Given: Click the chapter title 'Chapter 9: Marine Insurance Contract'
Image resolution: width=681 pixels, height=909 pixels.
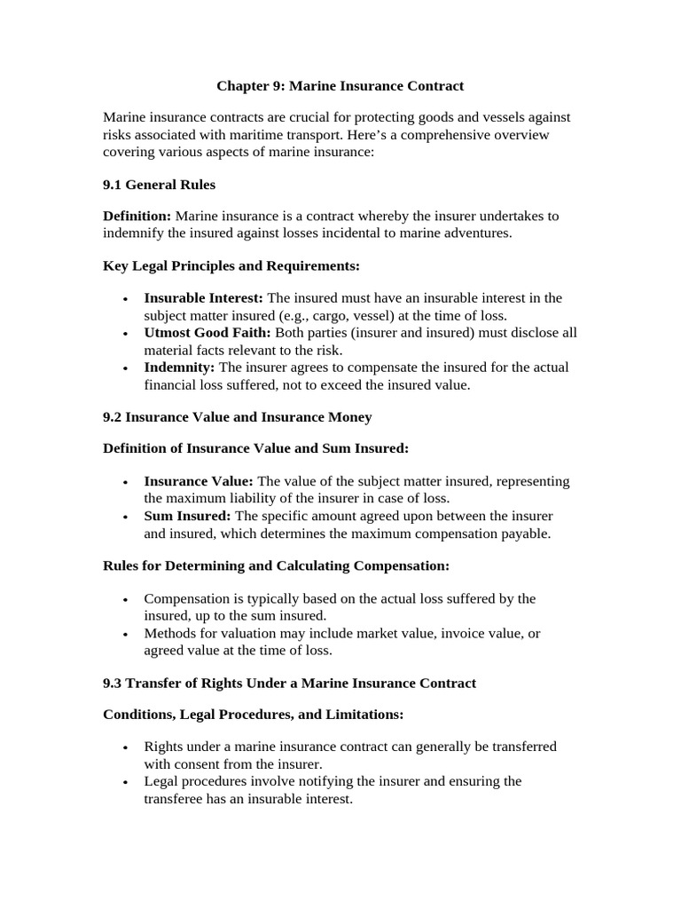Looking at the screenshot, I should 340,86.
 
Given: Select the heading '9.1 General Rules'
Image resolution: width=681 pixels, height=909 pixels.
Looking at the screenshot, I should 160,185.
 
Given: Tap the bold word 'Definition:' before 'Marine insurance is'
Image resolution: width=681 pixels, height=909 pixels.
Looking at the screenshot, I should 137,216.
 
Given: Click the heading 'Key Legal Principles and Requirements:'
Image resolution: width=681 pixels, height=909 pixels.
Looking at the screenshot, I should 231,265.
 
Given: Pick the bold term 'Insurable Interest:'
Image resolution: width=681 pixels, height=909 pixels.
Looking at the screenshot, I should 203,297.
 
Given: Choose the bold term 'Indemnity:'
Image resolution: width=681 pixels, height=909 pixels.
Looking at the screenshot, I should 179,368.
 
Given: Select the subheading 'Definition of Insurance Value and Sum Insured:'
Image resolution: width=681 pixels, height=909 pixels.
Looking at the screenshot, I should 256,448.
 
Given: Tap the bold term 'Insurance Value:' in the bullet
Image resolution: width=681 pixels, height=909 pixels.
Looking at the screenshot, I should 199,481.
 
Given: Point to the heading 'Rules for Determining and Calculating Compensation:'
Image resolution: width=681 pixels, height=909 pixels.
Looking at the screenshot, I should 277,565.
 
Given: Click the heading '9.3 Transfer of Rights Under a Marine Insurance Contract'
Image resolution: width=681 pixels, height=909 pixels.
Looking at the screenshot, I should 290,683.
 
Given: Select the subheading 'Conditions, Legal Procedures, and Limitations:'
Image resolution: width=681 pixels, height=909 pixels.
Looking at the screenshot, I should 254,714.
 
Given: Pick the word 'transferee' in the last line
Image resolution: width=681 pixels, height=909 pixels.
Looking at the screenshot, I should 176,799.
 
